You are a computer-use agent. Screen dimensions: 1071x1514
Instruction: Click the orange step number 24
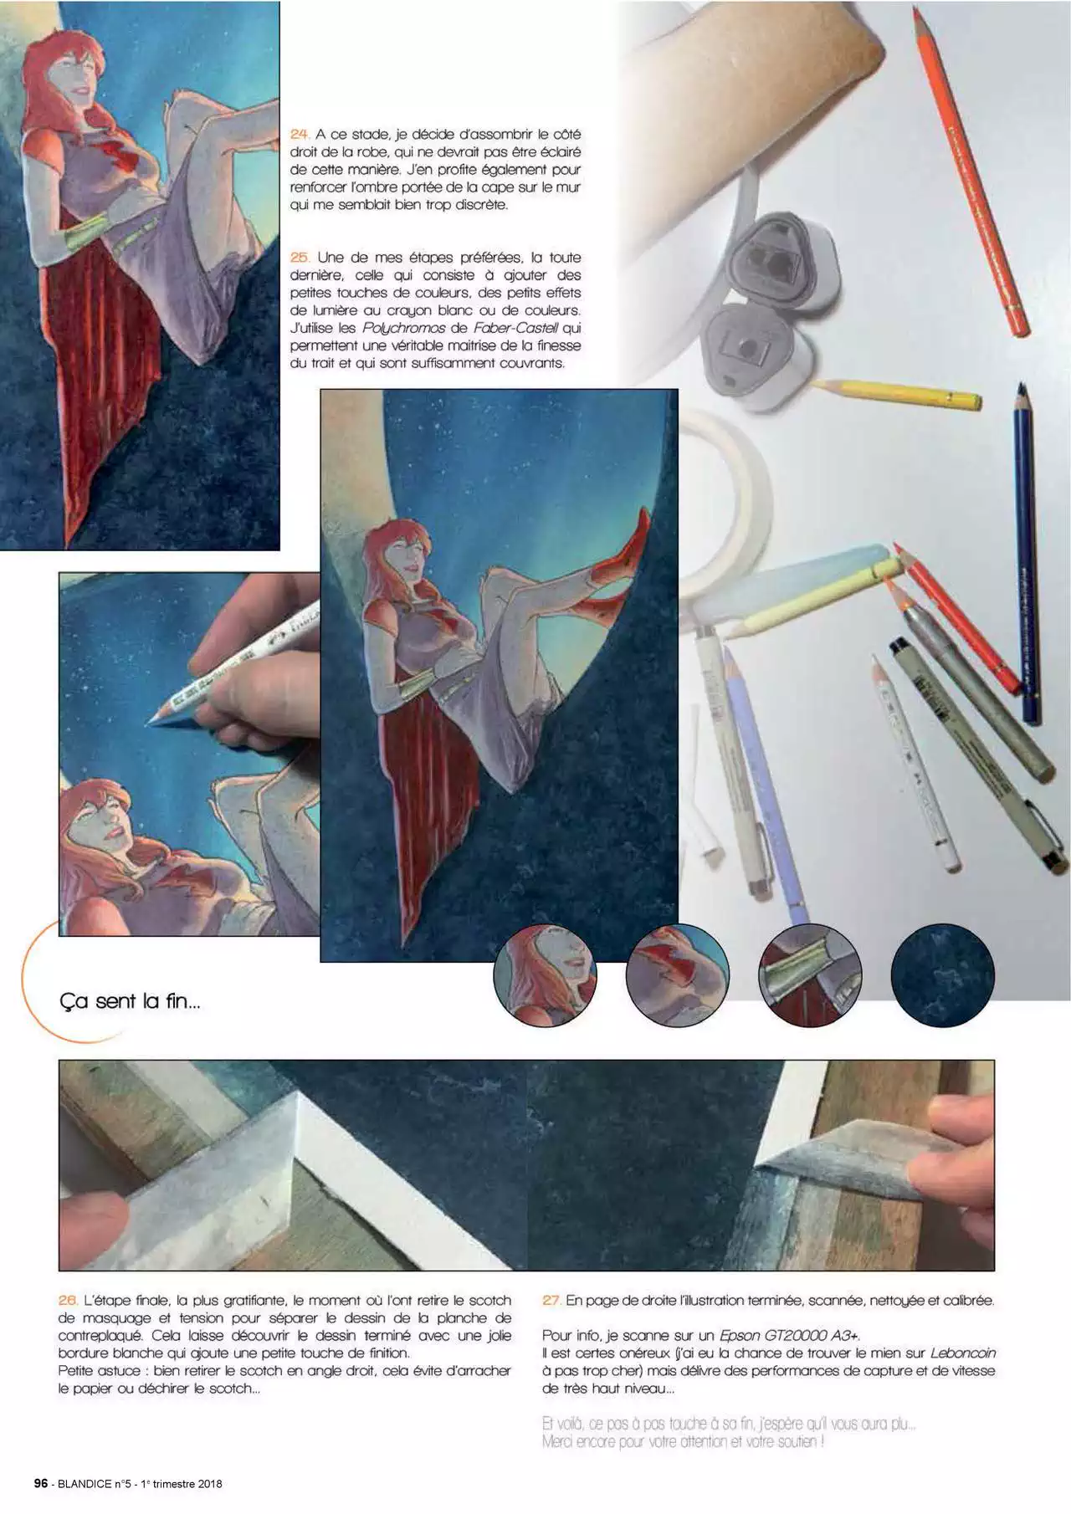300,135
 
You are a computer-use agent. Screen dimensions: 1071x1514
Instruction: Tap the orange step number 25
300,258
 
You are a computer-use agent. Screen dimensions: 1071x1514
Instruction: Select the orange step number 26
68,1301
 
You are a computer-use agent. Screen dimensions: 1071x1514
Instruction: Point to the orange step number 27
551,1301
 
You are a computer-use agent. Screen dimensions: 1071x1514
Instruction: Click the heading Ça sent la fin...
130,1000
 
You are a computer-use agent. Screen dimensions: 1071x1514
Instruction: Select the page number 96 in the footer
40,1484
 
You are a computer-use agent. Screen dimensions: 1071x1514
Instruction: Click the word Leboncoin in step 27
962,1353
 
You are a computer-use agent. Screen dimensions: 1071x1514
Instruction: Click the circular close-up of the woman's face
544,974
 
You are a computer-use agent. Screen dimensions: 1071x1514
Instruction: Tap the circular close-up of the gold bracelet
810,974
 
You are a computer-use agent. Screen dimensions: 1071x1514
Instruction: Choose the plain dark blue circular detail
943,974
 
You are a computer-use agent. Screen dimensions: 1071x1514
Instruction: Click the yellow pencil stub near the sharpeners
895,393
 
